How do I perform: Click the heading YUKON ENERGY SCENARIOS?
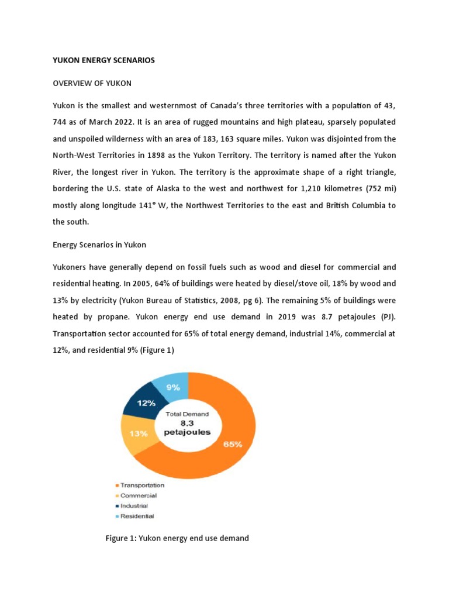tap(105, 60)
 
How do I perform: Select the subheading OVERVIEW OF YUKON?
tap(92, 83)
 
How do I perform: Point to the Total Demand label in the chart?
tap(187, 414)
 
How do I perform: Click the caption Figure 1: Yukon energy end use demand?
tap(177, 538)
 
